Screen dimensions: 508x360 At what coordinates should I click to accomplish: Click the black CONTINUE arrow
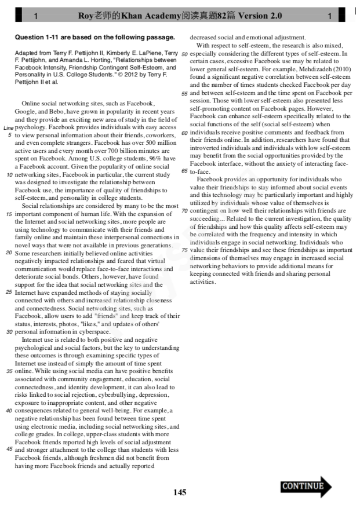point(306,486)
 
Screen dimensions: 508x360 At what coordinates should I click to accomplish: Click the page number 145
point(180,492)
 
